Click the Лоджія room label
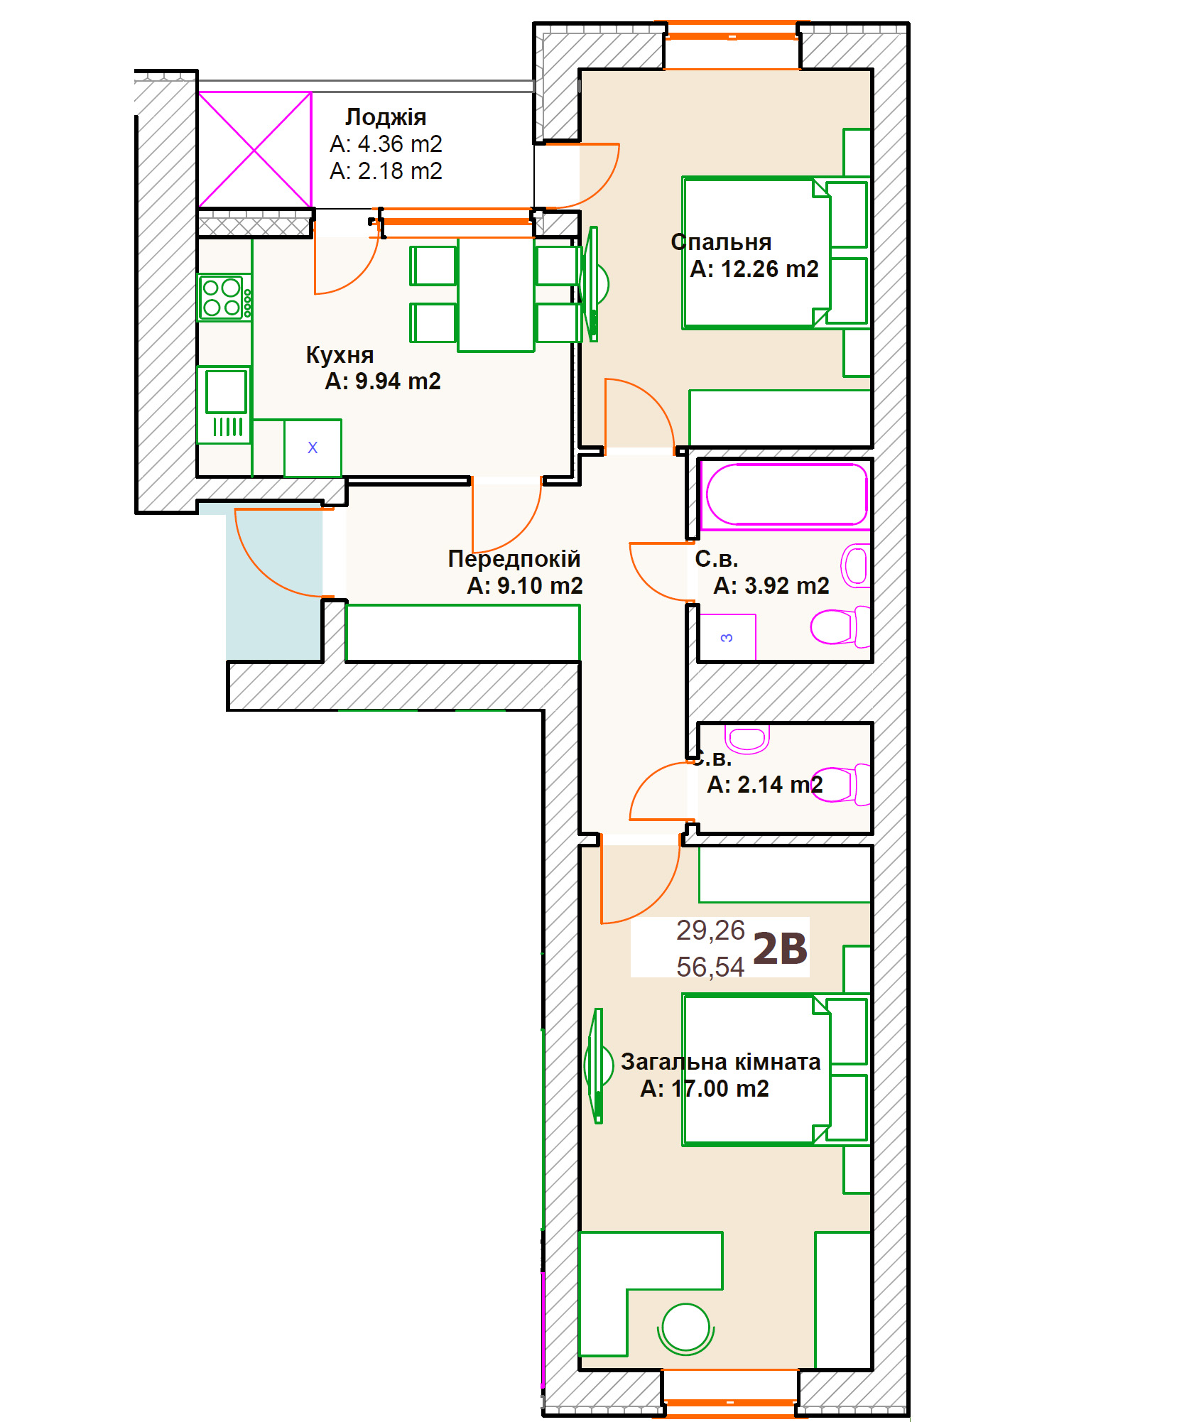pos(386,117)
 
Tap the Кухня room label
pos(340,355)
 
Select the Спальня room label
pos(721,242)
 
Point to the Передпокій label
pos(514,559)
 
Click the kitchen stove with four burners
pos(224,298)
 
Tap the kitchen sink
pos(224,404)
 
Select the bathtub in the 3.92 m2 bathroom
pos(786,496)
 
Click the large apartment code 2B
pos(780,949)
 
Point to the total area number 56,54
pos(710,967)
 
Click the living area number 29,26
pos(710,930)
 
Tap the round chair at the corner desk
pos(685,1329)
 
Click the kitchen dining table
pos(496,295)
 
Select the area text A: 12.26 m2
pos(754,269)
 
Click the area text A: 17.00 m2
pos(705,1089)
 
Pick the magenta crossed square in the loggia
pos(254,150)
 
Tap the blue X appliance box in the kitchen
pos(313,448)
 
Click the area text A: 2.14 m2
pos(765,785)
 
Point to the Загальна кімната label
pos(721,1062)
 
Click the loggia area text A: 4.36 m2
pos(386,144)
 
